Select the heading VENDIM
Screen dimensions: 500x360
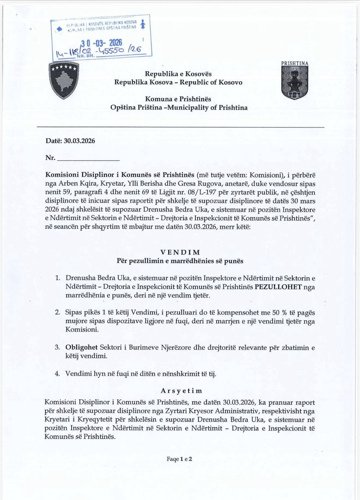(x=180, y=253)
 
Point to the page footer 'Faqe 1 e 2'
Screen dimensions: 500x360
(x=180, y=459)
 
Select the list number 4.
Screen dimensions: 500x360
(x=57, y=374)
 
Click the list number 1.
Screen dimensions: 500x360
(x=57, y=278)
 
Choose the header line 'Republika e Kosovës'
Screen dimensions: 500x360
(x=178, y=73)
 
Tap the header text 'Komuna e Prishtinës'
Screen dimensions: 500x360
(x=178, y=99)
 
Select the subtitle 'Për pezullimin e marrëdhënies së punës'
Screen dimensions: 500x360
(x=180, y=261)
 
